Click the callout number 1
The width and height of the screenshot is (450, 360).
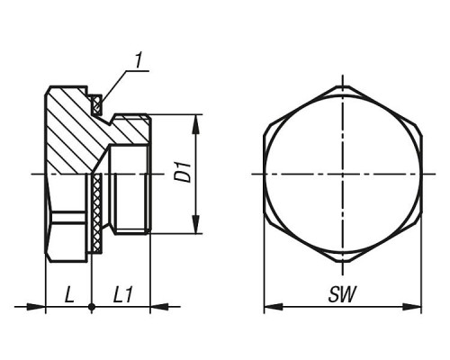tap(138, 61)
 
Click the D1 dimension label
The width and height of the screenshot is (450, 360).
tap(184, 172)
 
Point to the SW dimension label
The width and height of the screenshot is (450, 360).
tap(342, 294)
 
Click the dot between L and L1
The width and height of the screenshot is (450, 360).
tap(92, 307)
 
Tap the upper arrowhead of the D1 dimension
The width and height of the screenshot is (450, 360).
tap(195, 123)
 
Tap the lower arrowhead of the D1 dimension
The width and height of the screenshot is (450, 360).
tap(195, 224)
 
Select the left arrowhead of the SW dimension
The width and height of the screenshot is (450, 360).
tap(274, 307)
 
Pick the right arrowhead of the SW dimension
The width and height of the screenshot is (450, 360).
tap(412, 307)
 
